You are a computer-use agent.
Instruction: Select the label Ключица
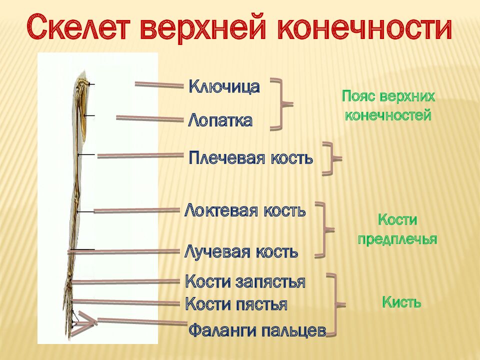point(224,86)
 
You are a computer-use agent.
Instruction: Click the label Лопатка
point(220,120)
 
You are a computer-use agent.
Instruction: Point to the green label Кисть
point(401,302)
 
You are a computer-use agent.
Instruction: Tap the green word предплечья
point(397,239)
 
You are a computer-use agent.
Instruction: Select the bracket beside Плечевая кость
point(330,158)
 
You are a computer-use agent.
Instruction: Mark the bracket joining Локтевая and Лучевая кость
point(324,230)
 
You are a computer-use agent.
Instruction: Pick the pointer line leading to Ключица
point(159,85)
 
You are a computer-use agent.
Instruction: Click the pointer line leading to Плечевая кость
point(140,156)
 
